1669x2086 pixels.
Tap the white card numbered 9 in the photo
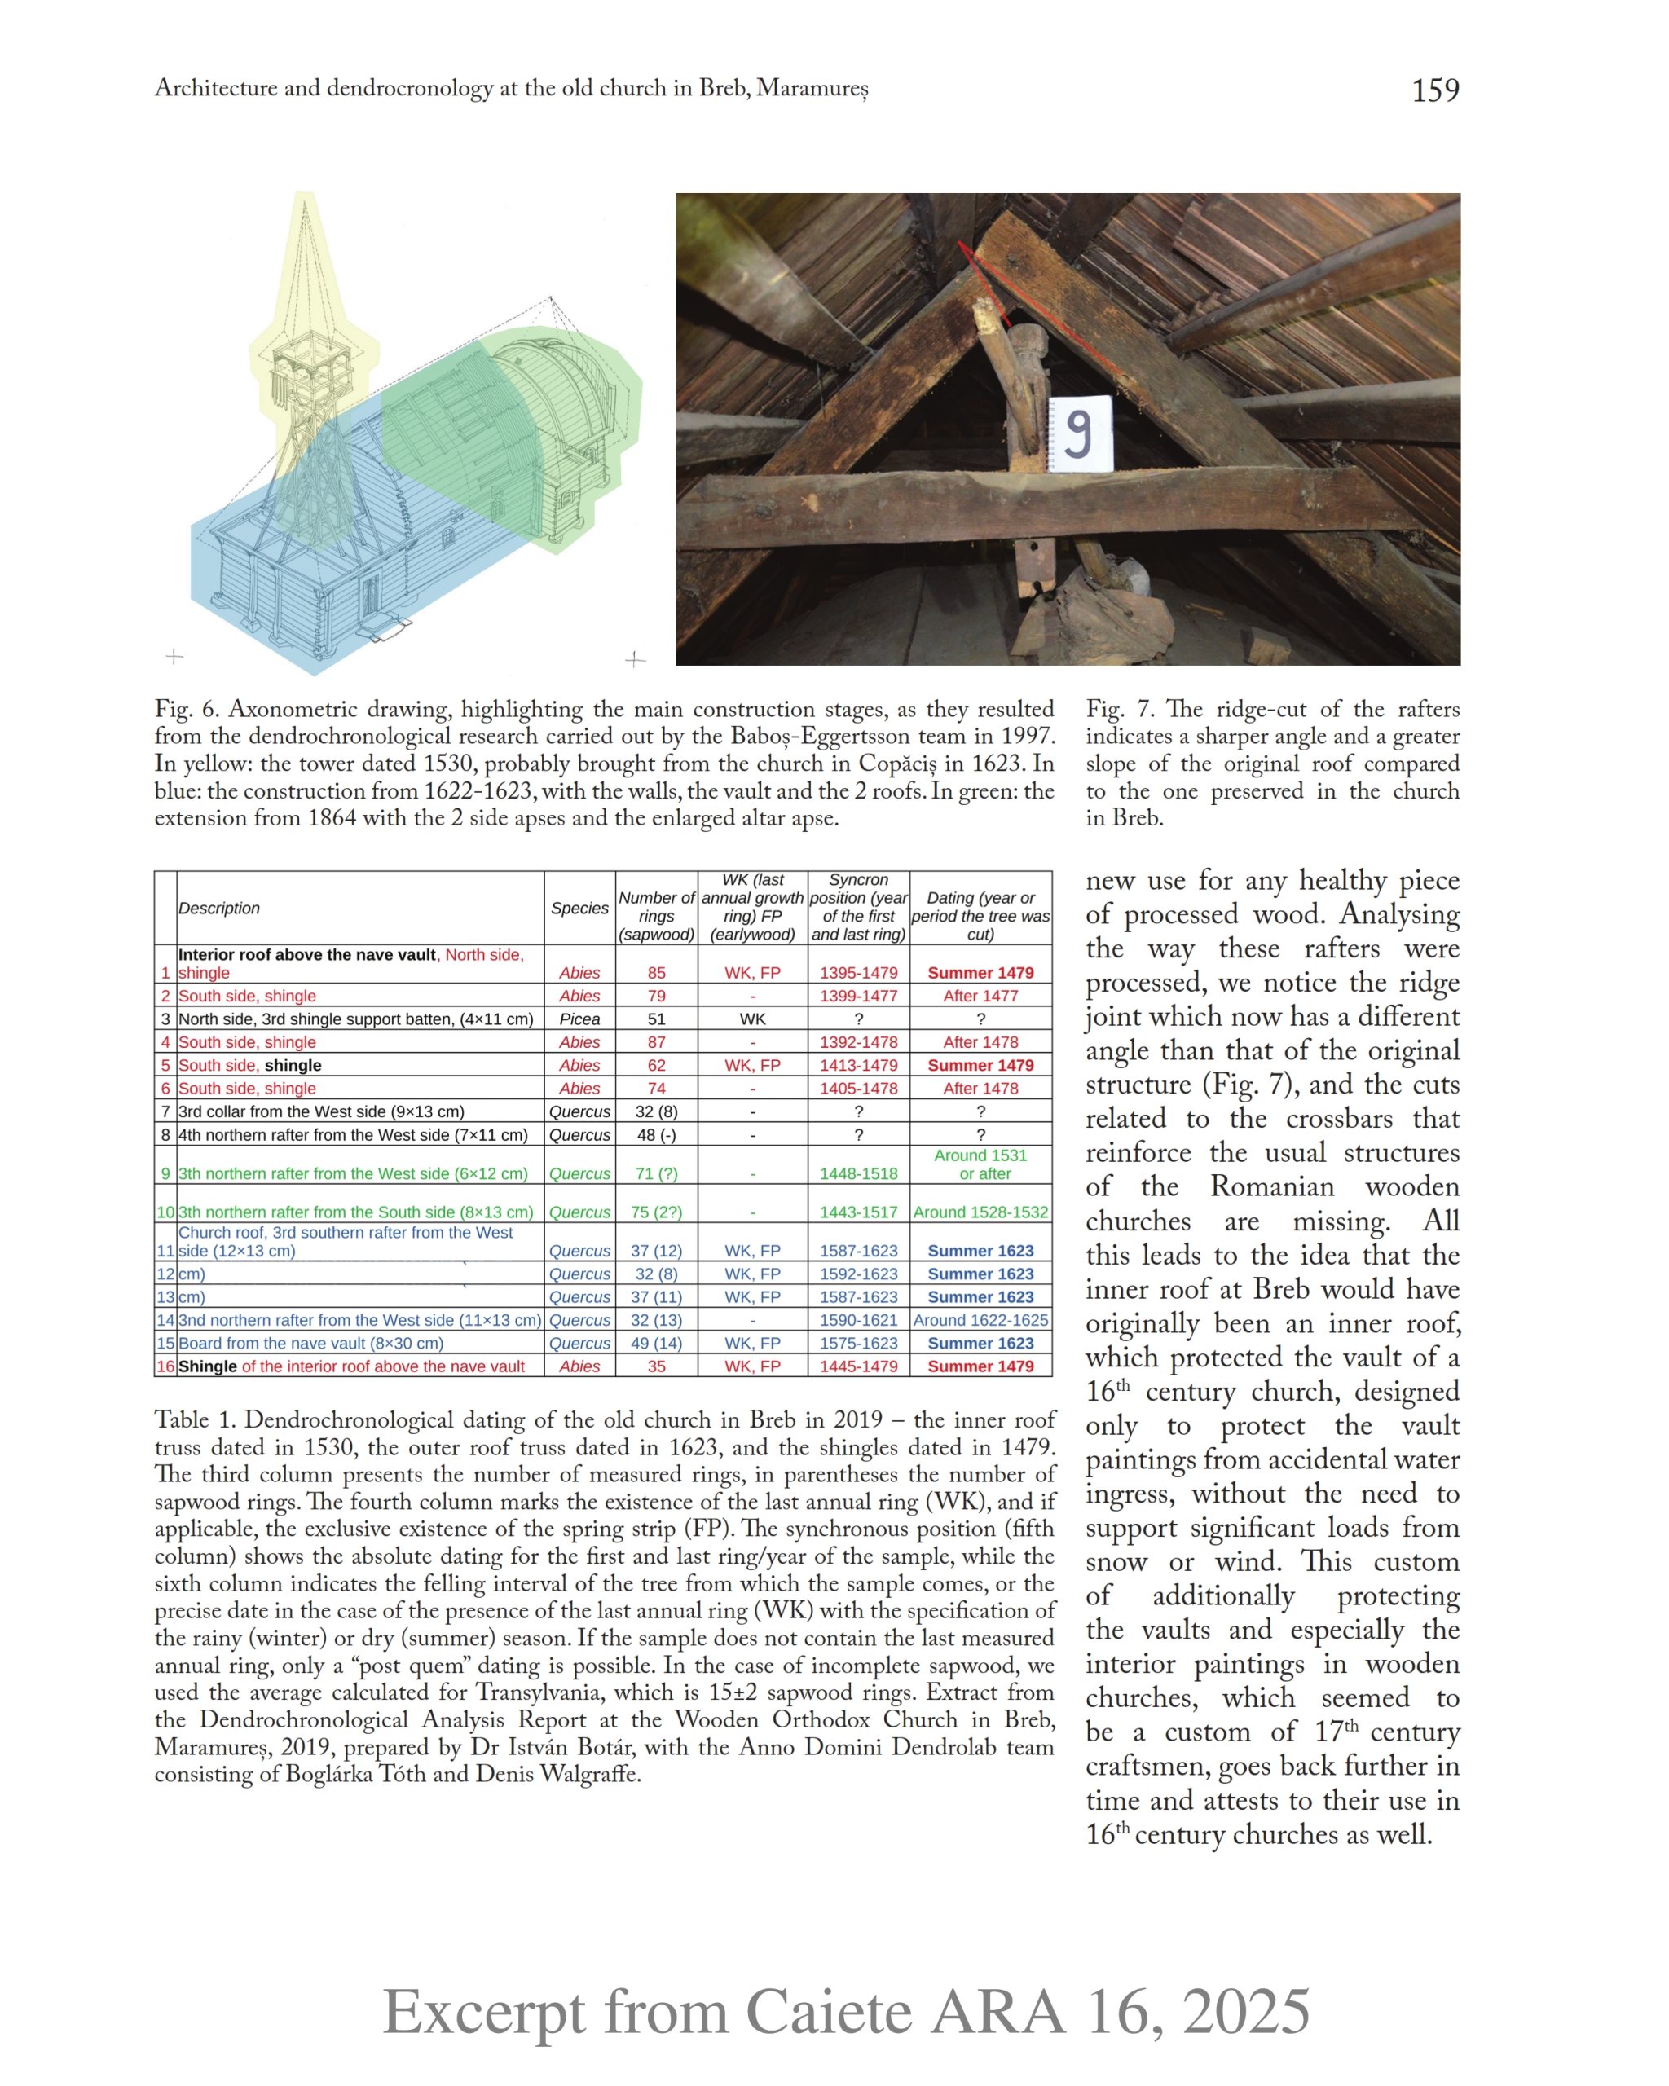(1080, 434)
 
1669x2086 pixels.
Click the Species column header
(579, 908)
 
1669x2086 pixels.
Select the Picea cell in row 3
(579, 1019)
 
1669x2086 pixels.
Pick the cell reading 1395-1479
(858, 972)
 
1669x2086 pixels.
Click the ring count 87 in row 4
(656, 1042)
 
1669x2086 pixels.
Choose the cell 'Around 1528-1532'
(980, 1212)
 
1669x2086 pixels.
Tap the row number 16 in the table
(165, 1366)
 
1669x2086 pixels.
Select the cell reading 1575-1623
(858, 1343)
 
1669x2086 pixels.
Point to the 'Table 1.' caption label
(195, 1419)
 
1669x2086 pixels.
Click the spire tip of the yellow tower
(305, 196)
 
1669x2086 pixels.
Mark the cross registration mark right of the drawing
(635, 659)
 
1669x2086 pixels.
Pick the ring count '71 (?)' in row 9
(656, 1173)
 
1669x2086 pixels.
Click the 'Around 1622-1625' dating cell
(980, 1320)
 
